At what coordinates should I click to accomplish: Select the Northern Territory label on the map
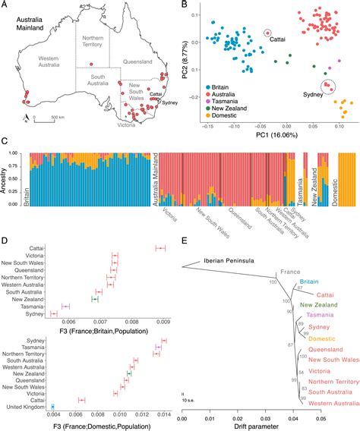[x=93, y=44]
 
